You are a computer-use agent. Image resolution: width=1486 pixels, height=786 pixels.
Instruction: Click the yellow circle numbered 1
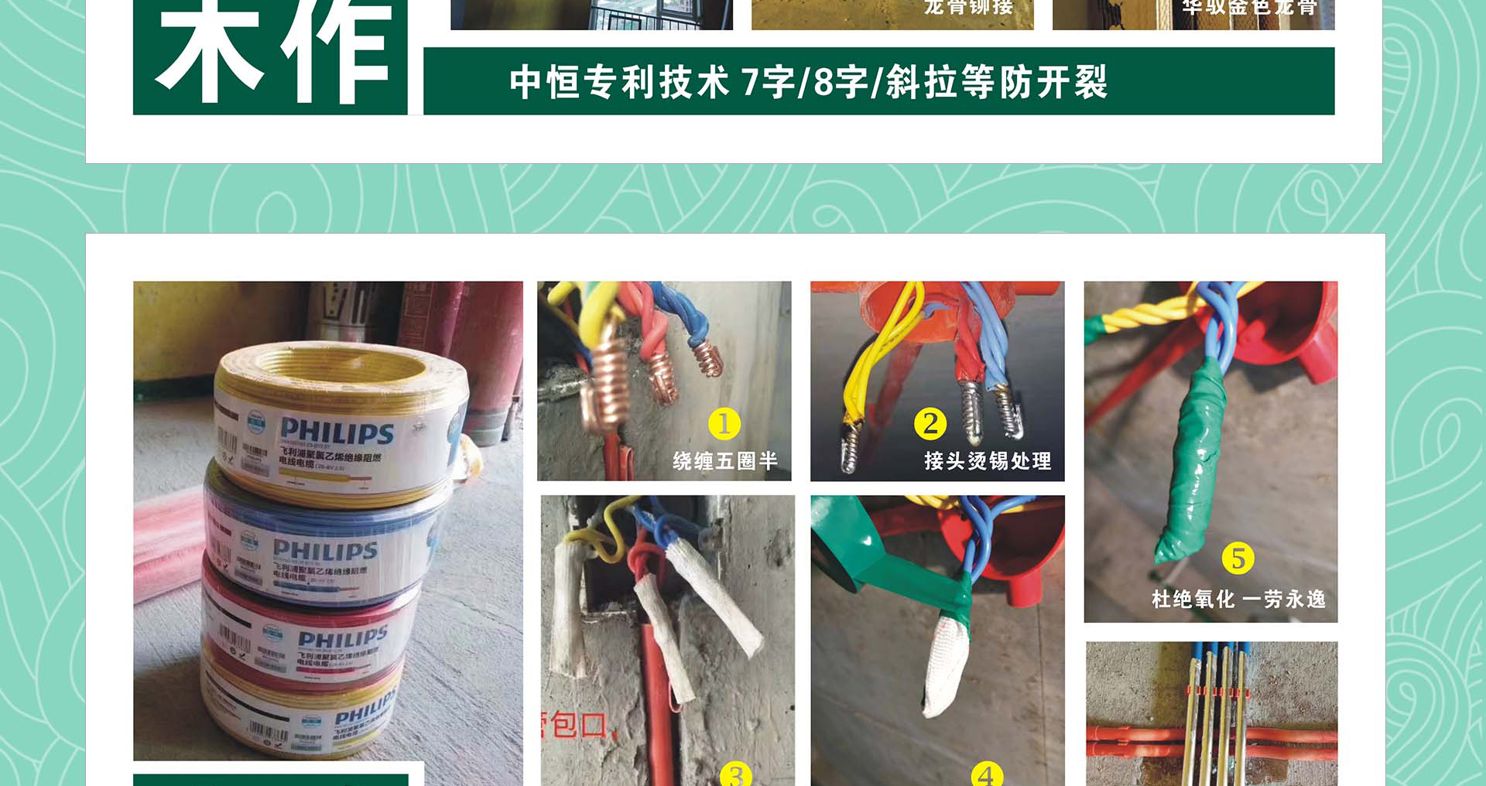click(x=724, y=424)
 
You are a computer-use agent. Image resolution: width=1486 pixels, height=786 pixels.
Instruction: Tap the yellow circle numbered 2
click(x=930, y=424)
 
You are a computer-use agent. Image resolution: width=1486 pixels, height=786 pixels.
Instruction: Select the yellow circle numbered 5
click(x=1238, y=558)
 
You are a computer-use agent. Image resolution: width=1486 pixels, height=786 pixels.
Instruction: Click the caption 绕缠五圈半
click(x=724, y=461)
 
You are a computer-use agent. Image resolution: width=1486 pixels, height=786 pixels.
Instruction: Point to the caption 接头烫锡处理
click(x=988, y=461)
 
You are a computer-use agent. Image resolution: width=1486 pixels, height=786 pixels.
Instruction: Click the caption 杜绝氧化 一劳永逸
click(x=1238, y=599)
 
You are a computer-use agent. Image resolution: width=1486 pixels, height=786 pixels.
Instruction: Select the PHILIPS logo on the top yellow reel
click(x=337, y=431)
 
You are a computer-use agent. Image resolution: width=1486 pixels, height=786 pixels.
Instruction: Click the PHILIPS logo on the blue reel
click(x=325, y=551)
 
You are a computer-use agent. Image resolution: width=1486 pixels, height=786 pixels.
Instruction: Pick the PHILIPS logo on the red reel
click(x=342, y=639)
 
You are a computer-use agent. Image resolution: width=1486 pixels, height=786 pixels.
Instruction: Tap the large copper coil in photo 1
click(x=607, y=371)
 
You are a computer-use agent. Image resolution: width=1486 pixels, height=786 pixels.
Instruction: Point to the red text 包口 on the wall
click(x=577, y=725)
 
